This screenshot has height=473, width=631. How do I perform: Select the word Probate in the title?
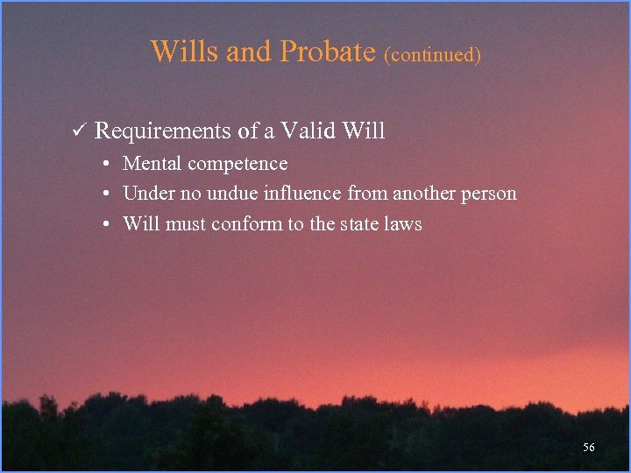click(x=327, y=51)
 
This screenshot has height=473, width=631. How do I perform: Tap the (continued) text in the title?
click(x=432, y=54)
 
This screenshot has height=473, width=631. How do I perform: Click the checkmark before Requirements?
click(x=77, y=131)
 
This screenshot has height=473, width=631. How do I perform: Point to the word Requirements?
click(x=163, y=132)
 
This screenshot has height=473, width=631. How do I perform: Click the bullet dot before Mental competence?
click(x=104, y=164)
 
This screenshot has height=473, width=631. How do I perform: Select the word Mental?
click(x=152, y=164)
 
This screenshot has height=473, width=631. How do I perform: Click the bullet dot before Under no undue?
click(x=104, y=194)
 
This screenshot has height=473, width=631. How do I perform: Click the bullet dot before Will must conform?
click(x=104, y=224)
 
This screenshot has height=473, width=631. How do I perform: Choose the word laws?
click(x=406, y=224)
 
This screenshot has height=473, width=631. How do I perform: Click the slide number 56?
click(x=588, y=448)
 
